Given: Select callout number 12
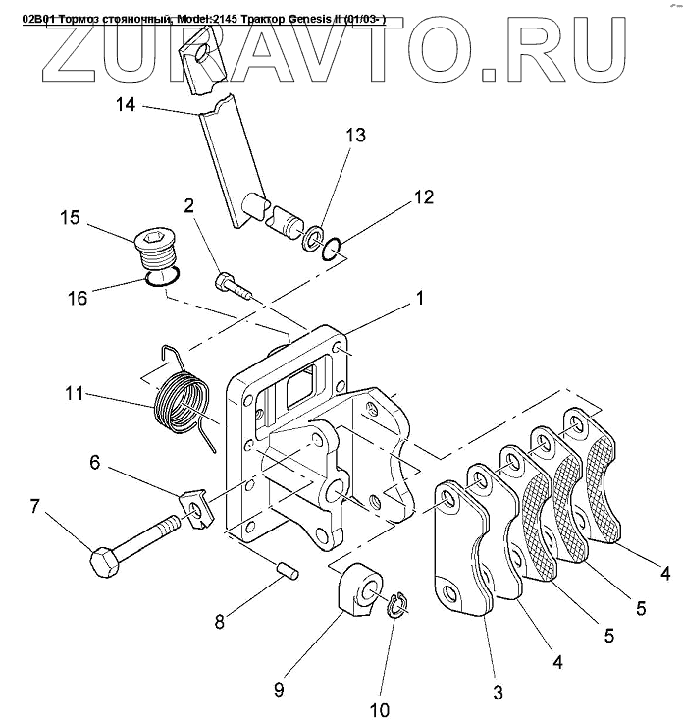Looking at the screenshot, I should click(423, 197).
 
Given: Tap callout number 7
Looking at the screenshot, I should click(35, 508).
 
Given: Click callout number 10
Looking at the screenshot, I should click(379, 708).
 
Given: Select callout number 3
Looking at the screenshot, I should click(498, 693).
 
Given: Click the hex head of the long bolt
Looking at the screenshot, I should click(103, 564).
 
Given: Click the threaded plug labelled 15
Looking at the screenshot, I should click(156, 250).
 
